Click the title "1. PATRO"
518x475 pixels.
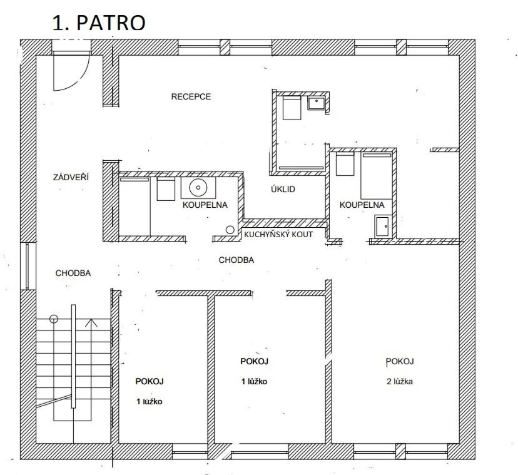tap(99, 23)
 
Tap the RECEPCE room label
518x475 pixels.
tap(191, 96)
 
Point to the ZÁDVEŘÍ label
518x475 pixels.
tap(71, 177)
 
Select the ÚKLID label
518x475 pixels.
tap(283, 189)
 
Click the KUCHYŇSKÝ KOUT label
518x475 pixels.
tap(278, 234)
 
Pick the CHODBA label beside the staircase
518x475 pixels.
tap(73, 273)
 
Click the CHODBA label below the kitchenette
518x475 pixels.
tap(236, 260)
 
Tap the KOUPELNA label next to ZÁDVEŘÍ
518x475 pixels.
tap(205, 205)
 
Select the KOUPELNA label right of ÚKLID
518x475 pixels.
tap(362, 205)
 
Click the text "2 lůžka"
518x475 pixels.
tap(400, 382)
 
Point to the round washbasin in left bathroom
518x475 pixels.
tap(198, 187)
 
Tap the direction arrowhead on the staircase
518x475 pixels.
tap(91, 322)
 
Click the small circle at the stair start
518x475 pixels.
tap(54, 319)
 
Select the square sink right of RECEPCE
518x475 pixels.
tap(317, 103)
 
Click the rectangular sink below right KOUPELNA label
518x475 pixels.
tap(383, 226)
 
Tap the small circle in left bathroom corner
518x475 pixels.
tap(230, 230)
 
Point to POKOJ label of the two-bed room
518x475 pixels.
tap(400, 361)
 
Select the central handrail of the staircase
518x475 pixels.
tap(73, 356)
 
